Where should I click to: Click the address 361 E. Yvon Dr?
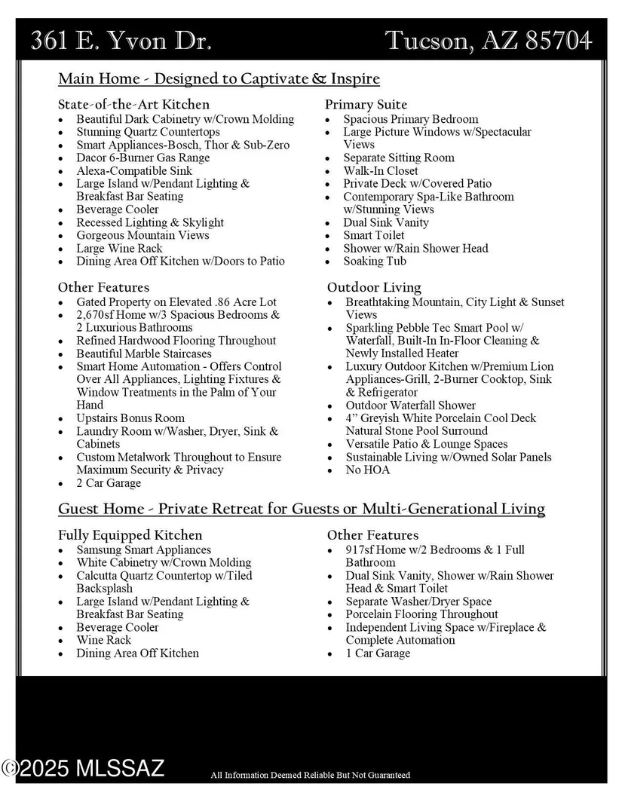pos(121,40)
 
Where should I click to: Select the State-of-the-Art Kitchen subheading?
pos(133,104)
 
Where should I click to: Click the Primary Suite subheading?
pos(366,104)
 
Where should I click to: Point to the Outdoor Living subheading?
pos(374,287)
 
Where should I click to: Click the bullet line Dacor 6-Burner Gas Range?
pos(142,158)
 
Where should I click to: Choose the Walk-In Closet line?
pos(380,170)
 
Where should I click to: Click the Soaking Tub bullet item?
pos(375,261)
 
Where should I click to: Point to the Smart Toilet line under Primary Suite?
pos(374,235)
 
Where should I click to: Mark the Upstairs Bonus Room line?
pos(130,418)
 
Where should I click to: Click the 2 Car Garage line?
pos(109,482)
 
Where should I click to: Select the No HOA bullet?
pos(368,470)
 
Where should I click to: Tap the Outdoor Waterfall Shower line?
pos(410,405)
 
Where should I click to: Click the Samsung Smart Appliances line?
pos(143,549)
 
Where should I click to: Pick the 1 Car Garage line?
pos(378,653)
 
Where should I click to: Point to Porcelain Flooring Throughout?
pos(421,614)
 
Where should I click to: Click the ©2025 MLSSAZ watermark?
pos(83,769)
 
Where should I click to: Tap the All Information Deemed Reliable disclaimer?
pos(310,775)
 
